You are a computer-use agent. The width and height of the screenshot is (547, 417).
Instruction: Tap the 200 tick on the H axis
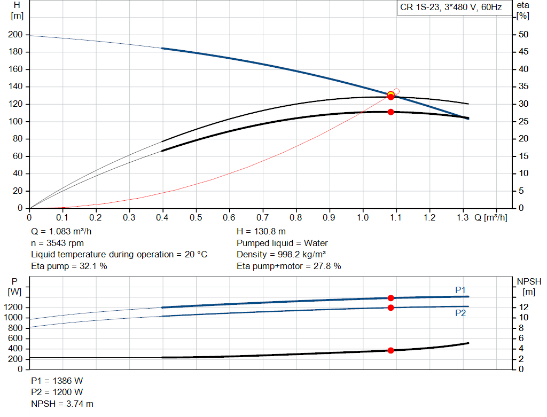tap(15, 35)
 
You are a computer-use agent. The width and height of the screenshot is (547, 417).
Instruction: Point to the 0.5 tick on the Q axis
tap(196, 218)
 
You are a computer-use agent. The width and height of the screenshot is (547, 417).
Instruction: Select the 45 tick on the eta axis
tap(523, 52)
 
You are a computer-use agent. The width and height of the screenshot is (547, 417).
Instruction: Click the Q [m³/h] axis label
tap(490, 218)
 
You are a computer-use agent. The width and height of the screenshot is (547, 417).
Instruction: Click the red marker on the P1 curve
tap(390, 298)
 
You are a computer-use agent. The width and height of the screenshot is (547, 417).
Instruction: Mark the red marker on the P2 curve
tap(390, 308)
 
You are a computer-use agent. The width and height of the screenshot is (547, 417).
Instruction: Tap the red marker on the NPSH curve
tap(390, 350)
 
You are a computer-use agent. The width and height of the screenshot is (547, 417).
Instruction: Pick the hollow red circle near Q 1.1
tap(396, 91)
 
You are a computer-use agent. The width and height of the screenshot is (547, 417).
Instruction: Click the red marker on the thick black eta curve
tap(390, 112)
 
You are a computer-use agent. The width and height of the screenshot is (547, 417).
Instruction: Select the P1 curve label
tap(460, 290)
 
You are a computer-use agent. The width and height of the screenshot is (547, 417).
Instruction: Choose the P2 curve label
tap(460, 313)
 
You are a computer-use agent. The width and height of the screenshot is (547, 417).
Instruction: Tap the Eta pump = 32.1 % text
tap(69, 266)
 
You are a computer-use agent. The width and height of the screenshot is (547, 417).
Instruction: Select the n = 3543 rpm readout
tap(58, 243)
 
